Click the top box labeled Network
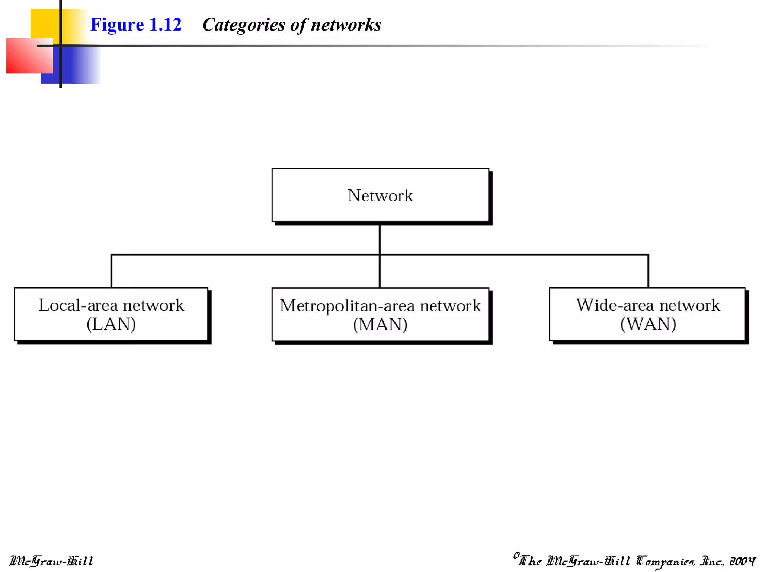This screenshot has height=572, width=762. (x=380, y=195)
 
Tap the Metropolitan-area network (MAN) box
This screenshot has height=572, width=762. (x=380, y=314)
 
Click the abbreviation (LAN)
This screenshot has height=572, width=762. (x=111, y=324)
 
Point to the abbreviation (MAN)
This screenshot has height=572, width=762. (x=380, y=324)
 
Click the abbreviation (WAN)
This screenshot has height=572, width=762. (x=648, y=324)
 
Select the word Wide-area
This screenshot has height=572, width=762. (x=615, y=305)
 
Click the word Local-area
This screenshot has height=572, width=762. (x=78, y=305)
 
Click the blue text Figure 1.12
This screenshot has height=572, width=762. (x=136, y=25)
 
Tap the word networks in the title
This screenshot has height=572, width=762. (x=346, y=25)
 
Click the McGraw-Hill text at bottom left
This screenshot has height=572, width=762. (x=51, y=561)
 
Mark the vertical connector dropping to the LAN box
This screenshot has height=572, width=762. (x=111, y=271)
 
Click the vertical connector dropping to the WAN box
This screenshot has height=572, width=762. (x=648, y=271)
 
